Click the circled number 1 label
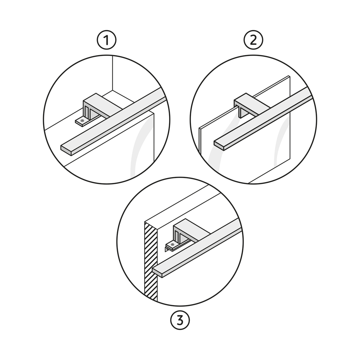[107, 40]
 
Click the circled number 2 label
[253, 40]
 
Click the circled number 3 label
[180, 321]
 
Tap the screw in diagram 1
[82, 121]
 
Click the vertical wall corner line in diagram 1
[112, 73]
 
